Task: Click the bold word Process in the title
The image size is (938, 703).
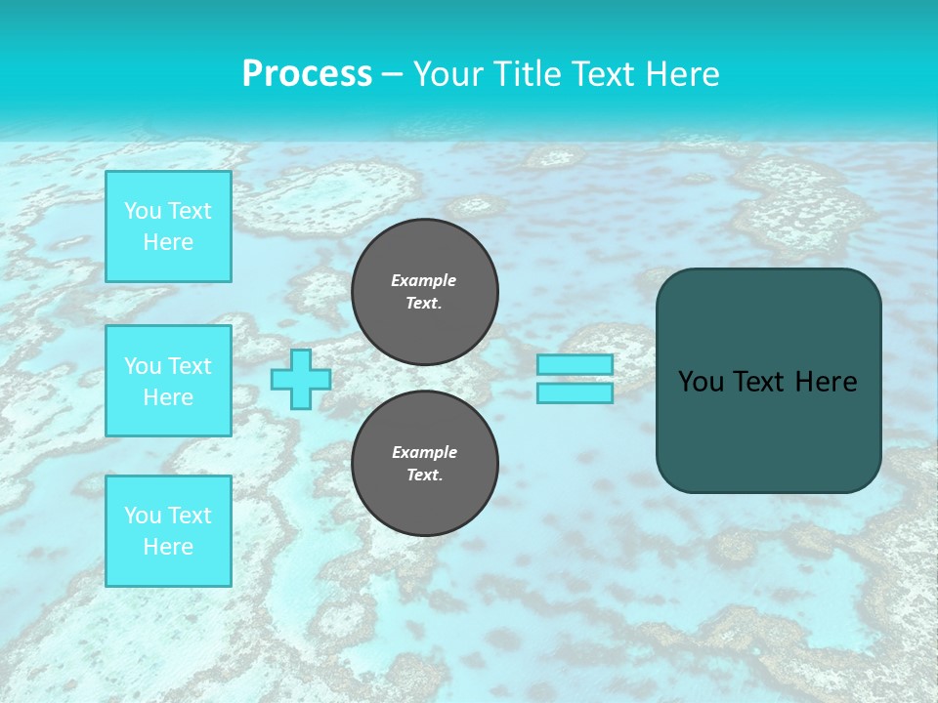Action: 307,74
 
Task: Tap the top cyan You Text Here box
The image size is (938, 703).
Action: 168,227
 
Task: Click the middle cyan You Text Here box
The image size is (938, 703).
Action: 168,381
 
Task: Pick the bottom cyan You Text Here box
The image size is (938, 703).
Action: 168,530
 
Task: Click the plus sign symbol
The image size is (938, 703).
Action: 301,380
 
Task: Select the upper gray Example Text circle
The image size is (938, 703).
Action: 425,292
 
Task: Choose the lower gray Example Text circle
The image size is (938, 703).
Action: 425,464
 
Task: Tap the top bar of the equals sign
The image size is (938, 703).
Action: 575,364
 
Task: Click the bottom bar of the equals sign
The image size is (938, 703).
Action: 575,393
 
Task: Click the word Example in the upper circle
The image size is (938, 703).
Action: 424,280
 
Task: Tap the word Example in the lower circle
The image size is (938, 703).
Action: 424,452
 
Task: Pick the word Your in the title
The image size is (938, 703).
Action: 448,74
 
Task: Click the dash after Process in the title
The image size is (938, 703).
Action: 392,74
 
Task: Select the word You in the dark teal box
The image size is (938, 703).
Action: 701,382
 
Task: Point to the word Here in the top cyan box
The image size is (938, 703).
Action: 168,242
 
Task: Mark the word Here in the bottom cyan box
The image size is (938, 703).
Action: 168,547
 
